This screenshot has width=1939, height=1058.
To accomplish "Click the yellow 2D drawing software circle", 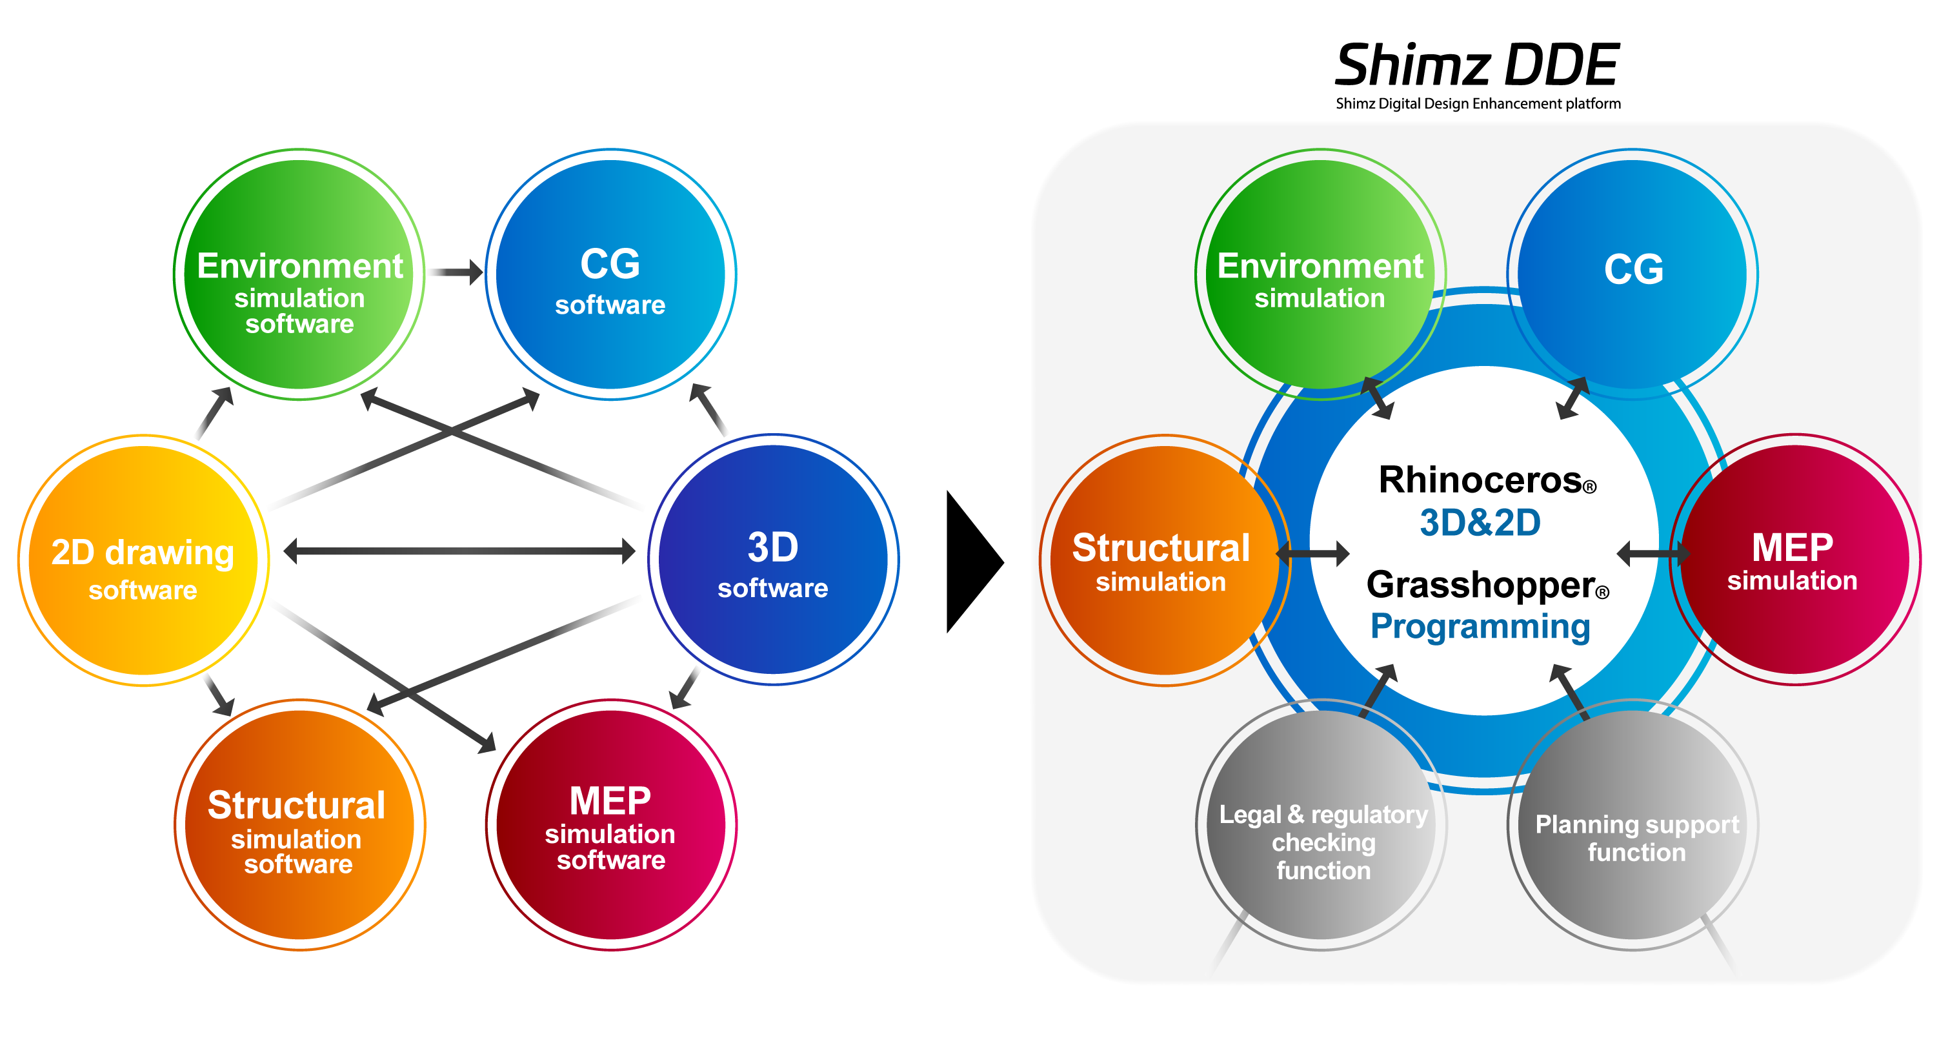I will click(x=143, y=561).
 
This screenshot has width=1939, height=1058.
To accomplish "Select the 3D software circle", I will click(x=773, y=560).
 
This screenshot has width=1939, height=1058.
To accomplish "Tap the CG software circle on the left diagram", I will click(x=610, y=275).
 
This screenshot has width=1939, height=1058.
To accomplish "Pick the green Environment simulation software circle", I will click(x=299, y=275).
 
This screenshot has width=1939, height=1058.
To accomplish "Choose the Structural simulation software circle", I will click(x=299, y=826).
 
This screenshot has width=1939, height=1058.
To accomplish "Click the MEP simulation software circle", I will click(x=610, y=826).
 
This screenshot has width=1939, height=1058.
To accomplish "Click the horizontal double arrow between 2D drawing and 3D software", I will click(x=459, y=551).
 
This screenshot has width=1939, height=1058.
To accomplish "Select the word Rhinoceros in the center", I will click(x=1480, y=480).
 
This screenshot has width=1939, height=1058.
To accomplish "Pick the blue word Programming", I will click(x=1480, y=627).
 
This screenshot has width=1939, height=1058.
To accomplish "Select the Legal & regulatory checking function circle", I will click(x=1323, y=826).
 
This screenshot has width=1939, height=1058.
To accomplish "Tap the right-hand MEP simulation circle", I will click(x=1794, y=560).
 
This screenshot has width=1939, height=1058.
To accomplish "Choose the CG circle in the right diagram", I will click(x=1633, y=271).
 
